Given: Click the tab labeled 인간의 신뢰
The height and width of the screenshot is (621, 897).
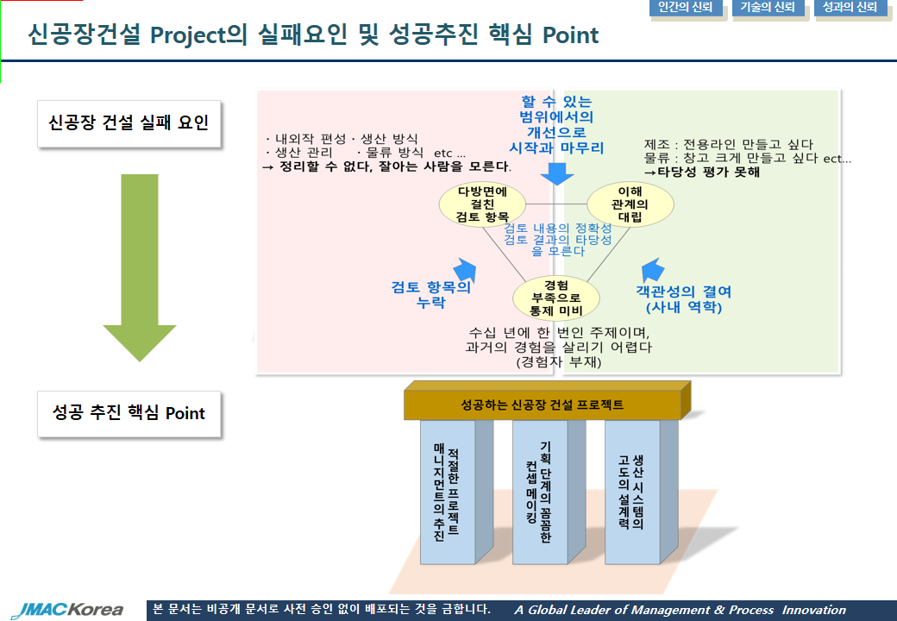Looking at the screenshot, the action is point(686,8).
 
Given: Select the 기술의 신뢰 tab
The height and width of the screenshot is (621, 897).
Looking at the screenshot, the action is point(768,8).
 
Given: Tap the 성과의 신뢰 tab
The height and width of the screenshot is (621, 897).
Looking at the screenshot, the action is point(850,8).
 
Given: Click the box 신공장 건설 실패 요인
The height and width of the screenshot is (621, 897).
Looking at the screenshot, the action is point(129,123).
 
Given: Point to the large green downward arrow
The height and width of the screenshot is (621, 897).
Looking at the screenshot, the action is point(140,267).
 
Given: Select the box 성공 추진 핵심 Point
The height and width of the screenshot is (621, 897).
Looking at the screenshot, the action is point(129,413).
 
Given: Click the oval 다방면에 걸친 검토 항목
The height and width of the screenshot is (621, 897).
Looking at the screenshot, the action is point(482,204).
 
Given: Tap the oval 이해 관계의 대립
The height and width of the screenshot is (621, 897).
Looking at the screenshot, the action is point(630,204).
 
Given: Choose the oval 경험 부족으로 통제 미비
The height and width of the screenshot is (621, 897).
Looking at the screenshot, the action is point(556,298).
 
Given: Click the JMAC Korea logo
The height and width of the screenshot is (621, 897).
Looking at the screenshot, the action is point(67,610).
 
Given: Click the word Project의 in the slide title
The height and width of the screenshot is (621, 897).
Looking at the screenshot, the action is point(198,34).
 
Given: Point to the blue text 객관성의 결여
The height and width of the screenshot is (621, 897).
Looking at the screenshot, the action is point(684,292).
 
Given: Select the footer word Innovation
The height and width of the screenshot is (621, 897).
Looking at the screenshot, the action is point(813,610).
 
